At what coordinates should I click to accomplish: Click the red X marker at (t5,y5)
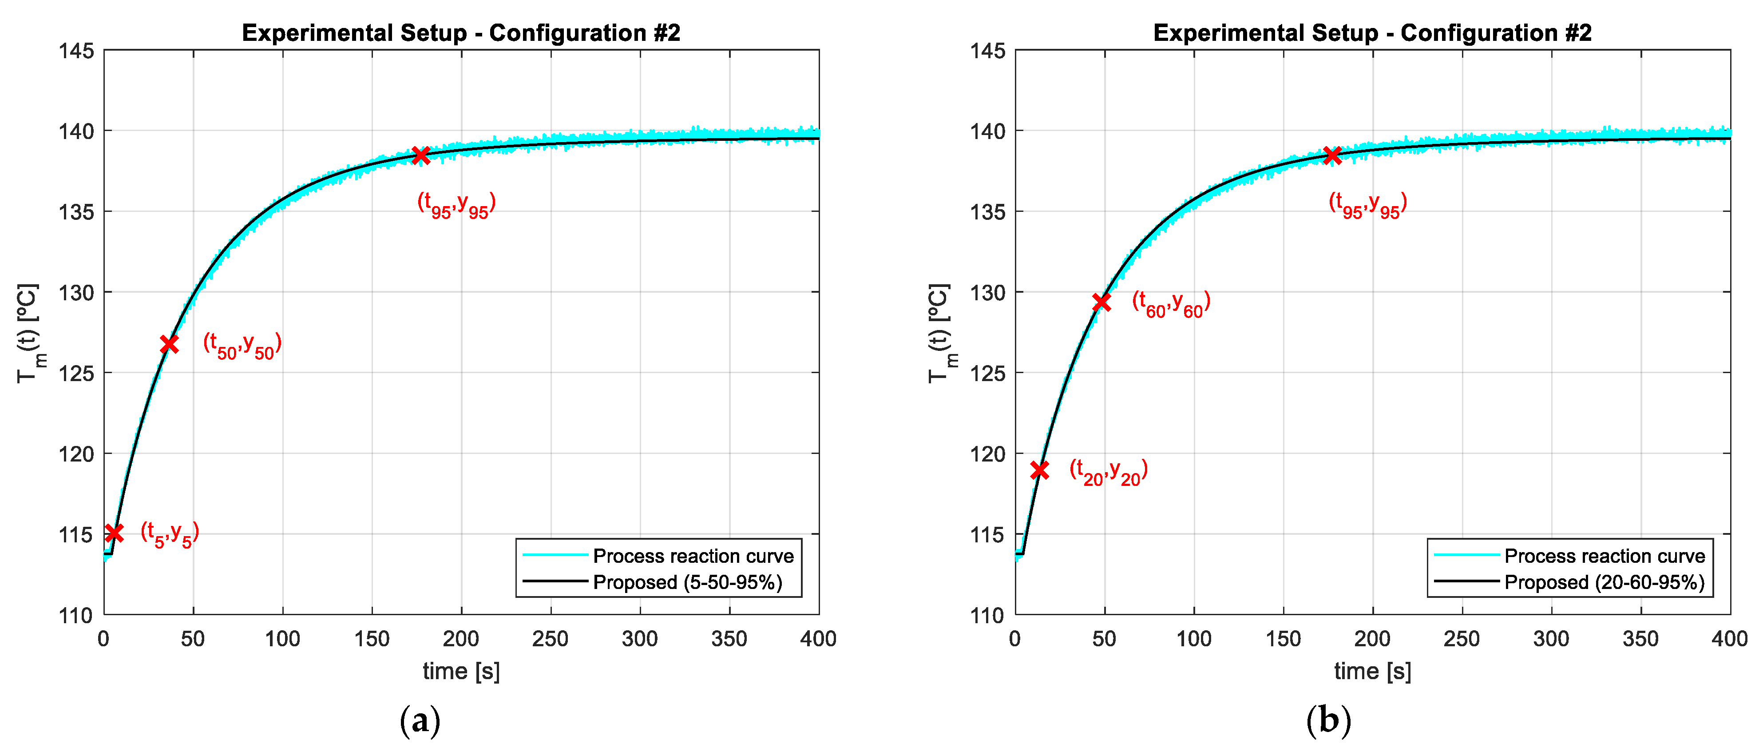tap(114, 533)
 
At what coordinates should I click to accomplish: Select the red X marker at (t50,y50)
tap(169, 344)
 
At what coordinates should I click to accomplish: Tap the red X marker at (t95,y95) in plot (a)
tap(421, 155)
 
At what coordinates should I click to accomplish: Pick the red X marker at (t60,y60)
tap(1101, 302)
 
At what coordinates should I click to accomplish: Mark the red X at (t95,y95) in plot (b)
tap(1332, 155)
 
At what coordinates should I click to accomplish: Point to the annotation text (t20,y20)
tap(1109, 472)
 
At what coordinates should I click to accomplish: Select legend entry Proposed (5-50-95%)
tap(687, 582)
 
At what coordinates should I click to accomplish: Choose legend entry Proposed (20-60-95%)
tap(1604, 582)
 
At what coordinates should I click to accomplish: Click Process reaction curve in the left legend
tap(693, 556)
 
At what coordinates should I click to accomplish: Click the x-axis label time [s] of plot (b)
tap(1372, 671)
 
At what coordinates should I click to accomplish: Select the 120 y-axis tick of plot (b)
tap(987, 454)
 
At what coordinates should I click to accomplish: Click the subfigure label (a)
tap(420, 720)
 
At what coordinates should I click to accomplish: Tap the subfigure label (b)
tap(1328, 720)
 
